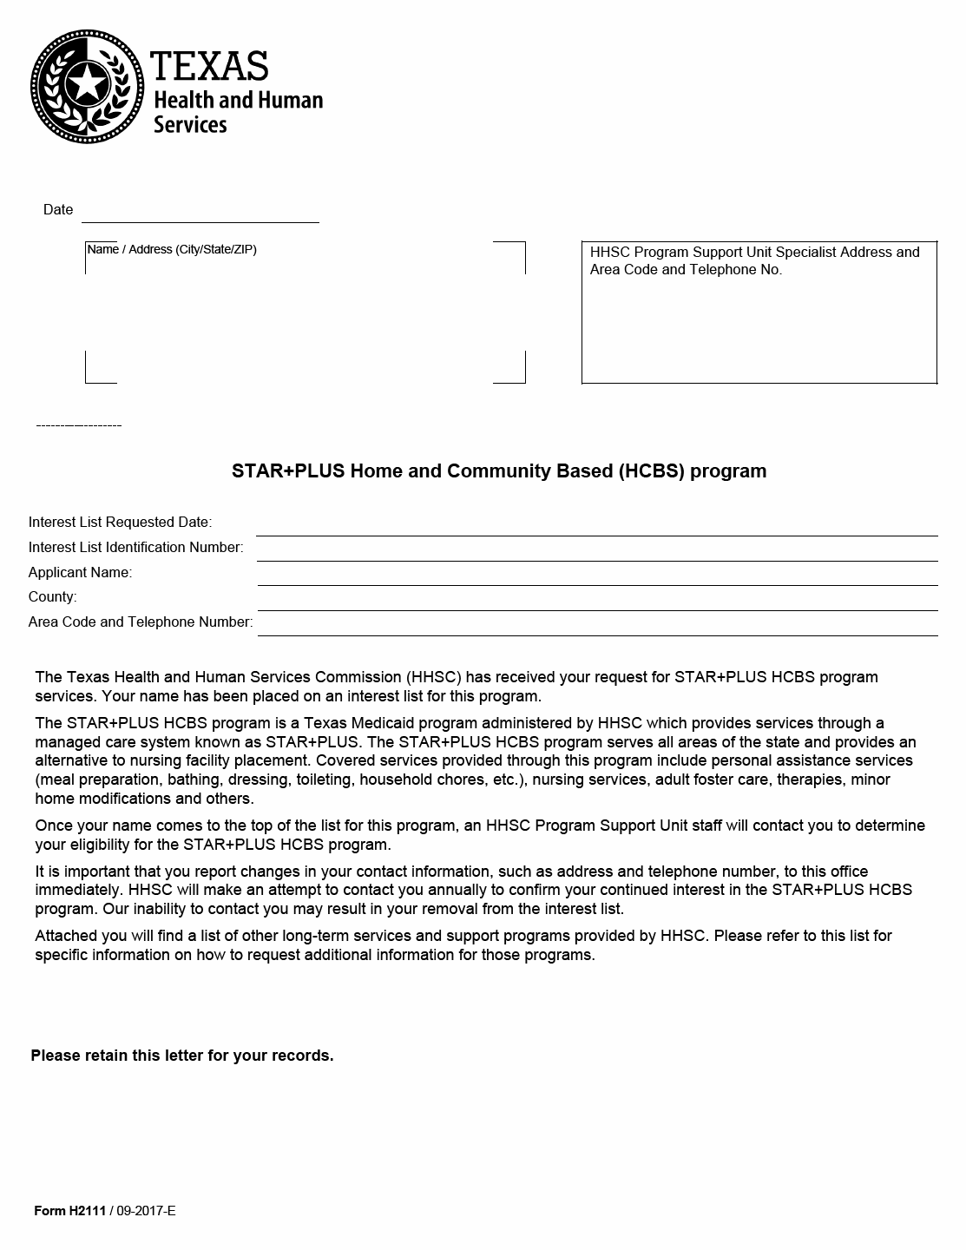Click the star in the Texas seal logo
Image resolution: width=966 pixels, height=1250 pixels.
87,85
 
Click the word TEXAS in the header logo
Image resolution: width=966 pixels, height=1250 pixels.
209,66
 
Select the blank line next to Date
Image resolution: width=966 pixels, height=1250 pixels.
200,214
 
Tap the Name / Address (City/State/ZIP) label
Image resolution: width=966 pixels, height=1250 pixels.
172,250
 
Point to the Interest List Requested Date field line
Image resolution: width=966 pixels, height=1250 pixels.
596,527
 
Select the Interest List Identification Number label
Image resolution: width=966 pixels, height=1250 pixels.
135,548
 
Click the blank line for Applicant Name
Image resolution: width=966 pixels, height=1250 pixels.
597,576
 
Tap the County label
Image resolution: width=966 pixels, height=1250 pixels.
52,597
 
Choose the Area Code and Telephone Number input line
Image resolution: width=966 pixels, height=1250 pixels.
597,627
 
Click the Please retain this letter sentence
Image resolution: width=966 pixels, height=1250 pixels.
182,1056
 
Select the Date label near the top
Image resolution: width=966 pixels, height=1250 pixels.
58,210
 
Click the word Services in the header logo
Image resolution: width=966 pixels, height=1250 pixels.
190,125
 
